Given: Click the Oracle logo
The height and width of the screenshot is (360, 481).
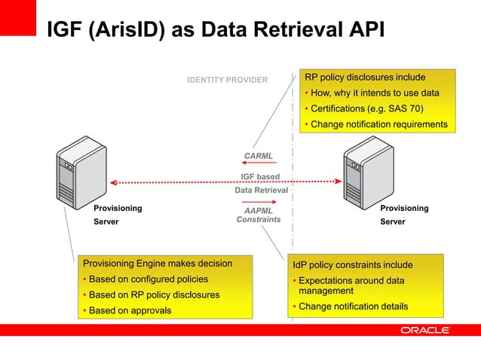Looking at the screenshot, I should click(425, 330).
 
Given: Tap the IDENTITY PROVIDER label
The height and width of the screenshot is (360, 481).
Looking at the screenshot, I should click(227, 80).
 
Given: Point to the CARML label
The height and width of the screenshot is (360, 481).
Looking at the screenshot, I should click(259, 156).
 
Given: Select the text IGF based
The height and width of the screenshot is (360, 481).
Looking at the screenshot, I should click(260, 177).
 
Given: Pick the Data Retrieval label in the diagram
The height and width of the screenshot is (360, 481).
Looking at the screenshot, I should click(261, 191).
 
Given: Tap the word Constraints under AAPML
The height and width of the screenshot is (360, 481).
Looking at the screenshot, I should click(259, 220).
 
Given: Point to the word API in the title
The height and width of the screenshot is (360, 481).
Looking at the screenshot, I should click(365, 30).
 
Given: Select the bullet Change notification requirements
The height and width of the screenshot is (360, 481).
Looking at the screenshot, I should click(378, 124).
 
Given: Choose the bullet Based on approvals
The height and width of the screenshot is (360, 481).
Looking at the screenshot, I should click(130, 310).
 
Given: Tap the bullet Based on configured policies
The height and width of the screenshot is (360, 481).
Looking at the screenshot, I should click(142, 279).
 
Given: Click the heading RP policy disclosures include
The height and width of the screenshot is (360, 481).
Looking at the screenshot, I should click(365, 77).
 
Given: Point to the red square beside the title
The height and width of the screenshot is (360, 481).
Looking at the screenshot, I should click(18, 17).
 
